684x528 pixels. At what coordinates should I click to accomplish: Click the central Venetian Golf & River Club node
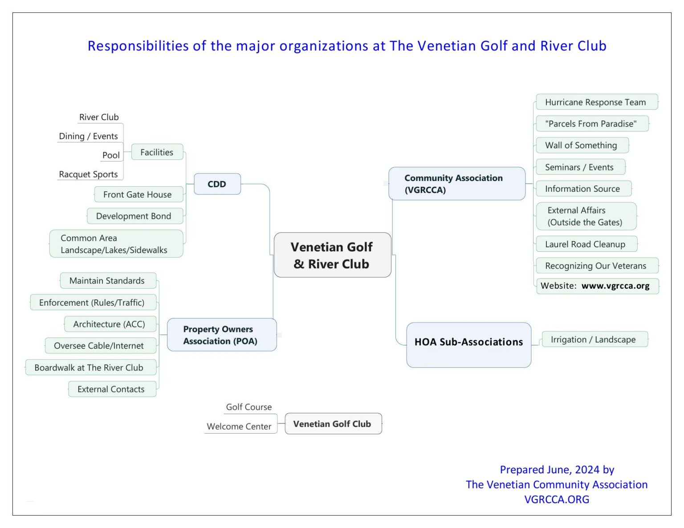pyautogui.click(x=332, y=255)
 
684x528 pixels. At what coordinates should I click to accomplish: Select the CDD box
pyautogui.click(x=217, y=184)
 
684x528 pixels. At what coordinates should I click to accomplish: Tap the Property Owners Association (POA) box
pyautogui.click(x=221, y=335)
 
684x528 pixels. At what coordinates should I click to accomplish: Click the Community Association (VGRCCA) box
pyautogui.click(x=456, y=184)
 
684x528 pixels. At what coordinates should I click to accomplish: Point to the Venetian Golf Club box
pyautogui.click(x=333, y=424)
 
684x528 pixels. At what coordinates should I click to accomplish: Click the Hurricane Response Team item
pyautogui.click(x=596, y=102)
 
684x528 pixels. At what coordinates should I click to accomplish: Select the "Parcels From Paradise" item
pyautogui.click(x=591, y=124)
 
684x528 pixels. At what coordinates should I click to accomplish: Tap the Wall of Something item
pyautogui.click(x=581, y=145)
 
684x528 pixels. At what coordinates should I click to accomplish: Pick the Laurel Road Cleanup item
pyautogui.click(x=585, y=244)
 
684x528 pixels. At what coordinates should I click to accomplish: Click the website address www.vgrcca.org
pyautogui.click(x=615, y=286)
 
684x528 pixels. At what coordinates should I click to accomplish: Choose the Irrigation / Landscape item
pyautogui.click(x=593, y=339)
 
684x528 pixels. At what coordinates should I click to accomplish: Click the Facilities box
pyautogui.click(x=157, y=152)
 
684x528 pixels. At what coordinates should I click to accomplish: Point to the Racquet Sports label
pyautogui.click(x=89, y=174)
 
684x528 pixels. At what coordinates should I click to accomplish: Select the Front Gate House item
pyautogui.click(x=138, y=194)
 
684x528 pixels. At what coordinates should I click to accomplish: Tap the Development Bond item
pyautogui.click(x=134, y=216)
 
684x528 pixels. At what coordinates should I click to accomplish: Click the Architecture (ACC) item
pyautogui.click(x=110, y=324)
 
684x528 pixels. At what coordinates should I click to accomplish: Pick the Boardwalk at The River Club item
pyautogui.click(x=89, y=367)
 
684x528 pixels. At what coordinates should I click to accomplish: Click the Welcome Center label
pyautogui.click(x=239, y=426)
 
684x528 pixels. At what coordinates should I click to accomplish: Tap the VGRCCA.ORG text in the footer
pyautogui.click(x=557, y=500)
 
